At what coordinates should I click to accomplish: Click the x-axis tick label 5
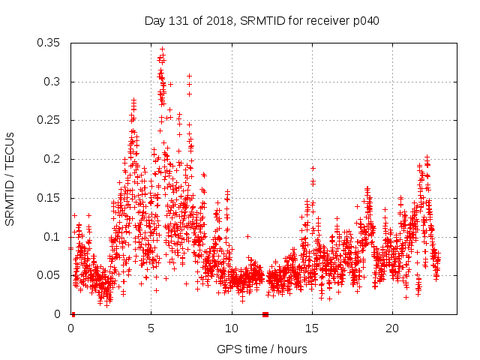pyautogui.click(x=151, y=328)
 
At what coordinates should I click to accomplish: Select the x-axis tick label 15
pyautogui.click(x=311, y=328)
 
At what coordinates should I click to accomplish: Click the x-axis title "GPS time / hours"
pyautogui.click(x=262, y=349)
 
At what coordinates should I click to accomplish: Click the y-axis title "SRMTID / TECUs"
pyautogui.click(x=10, y=178)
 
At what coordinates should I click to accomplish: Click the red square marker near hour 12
pyautogui.click(x=265, y=314)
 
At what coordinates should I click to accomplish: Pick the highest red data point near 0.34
pyautogui.click(x=162, y=49)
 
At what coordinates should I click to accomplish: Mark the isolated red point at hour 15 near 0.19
pyautogui.click(x=313, y=168)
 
